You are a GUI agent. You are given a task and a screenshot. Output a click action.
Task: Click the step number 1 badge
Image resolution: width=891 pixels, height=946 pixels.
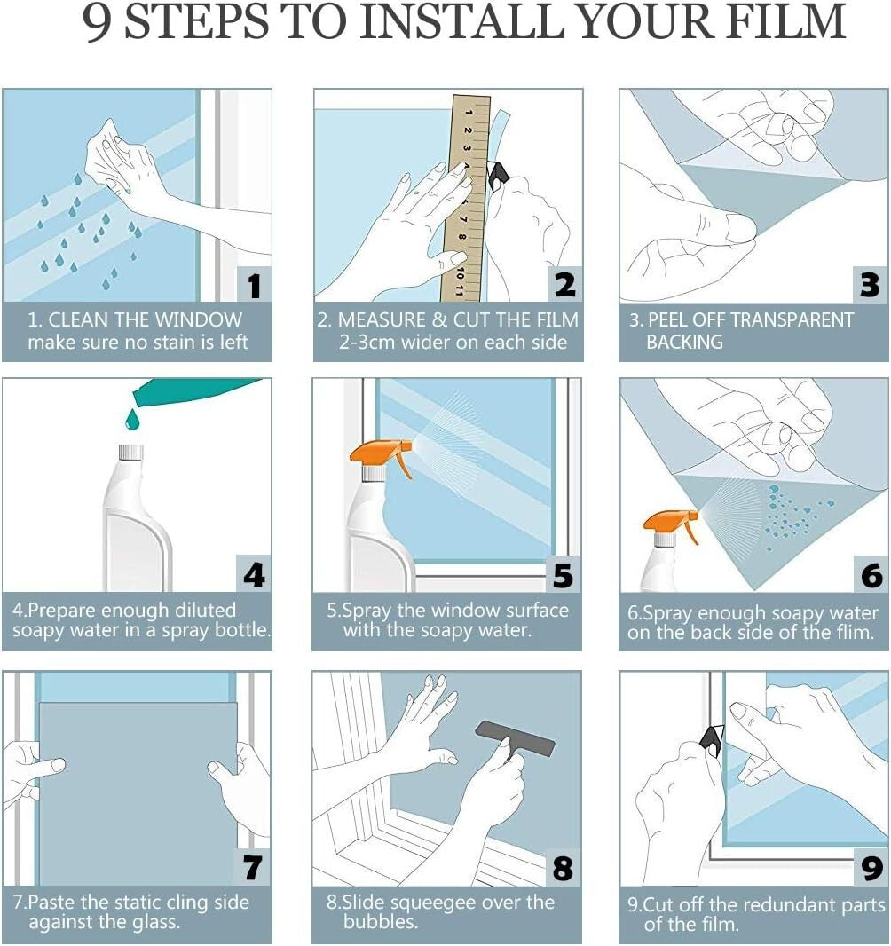coord(254,285)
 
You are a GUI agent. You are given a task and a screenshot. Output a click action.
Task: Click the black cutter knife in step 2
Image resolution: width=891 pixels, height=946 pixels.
coord(498,175)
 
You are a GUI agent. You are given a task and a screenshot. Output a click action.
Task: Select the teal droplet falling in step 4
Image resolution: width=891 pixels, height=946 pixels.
coord(132,418)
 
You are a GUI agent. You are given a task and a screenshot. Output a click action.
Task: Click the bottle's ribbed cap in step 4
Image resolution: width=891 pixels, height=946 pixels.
coord(131,453)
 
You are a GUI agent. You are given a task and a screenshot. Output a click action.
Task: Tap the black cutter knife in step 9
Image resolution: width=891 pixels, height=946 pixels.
coord(714,740)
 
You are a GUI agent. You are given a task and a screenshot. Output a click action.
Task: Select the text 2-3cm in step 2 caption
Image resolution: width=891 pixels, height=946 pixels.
coord(372,343)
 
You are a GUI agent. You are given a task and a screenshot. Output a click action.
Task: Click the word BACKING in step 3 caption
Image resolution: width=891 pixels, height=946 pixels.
coord(684,343)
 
